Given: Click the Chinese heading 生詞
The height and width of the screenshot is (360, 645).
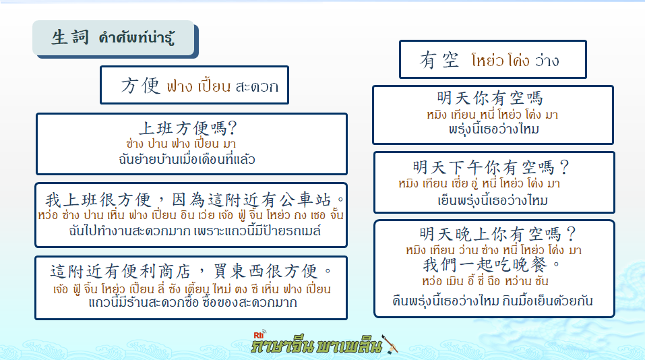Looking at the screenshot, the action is (x=70, y=37).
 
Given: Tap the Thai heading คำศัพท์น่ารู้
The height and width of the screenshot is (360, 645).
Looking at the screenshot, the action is (x=137, y=38).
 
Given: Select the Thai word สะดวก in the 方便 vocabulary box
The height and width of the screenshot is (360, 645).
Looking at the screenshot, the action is (x=257, y=86).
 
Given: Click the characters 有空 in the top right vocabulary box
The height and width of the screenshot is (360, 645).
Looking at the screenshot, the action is (x=439, y=60).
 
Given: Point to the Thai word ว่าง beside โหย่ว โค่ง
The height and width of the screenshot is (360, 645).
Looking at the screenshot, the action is (x=547, y=61).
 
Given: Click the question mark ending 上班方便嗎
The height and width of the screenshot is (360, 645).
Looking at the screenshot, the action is (x=232, y=128).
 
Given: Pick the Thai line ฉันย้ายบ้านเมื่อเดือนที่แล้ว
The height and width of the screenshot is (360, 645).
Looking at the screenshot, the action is (x=187, y=159).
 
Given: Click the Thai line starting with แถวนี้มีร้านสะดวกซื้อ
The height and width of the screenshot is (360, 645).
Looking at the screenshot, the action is (x=193, y=303).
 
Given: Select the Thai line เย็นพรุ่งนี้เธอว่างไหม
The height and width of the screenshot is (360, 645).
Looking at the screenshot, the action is (x=493, y=200).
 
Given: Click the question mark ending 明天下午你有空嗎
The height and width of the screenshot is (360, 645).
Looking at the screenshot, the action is (x=564, y=167).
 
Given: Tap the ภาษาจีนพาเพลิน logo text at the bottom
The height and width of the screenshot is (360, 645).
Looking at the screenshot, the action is (x=317, y=345).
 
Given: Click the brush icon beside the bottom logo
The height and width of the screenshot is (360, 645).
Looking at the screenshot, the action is (x=390, y=344).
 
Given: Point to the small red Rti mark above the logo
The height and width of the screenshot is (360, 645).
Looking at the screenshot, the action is (x=259, y=334).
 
